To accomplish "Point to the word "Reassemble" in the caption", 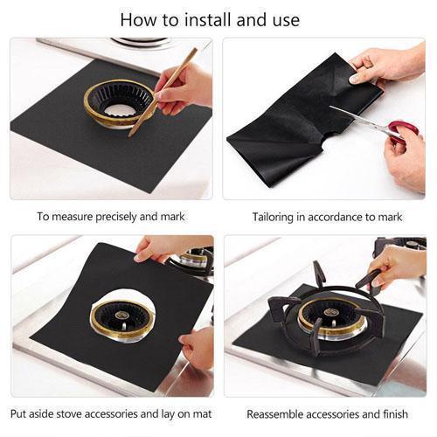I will [x=276, y=413].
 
